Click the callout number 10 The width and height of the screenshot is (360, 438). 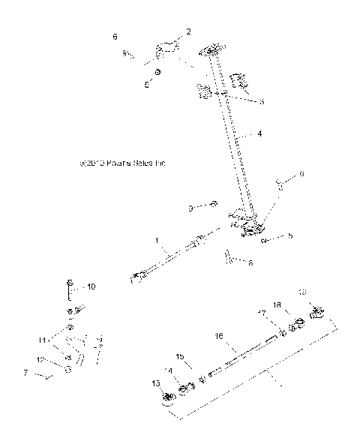coord(91,286)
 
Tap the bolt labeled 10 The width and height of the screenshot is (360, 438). coord(69,288)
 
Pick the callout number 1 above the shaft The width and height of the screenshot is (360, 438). coord(157,241)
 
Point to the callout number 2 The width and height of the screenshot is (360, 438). coord(188,31)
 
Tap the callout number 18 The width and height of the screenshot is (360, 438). coord(277,306)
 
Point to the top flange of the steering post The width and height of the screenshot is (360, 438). coord(212,50)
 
